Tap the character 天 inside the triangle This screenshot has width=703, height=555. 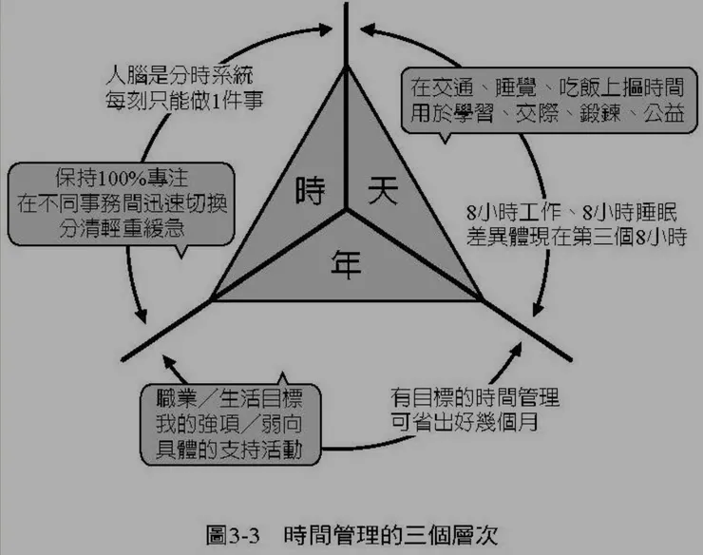click(x=381, y=191)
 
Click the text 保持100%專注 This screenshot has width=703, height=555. click(x=122, y=179)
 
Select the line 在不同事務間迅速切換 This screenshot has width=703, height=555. click(x=122, y=203)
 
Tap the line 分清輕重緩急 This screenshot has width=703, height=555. click(x=122, y=228)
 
